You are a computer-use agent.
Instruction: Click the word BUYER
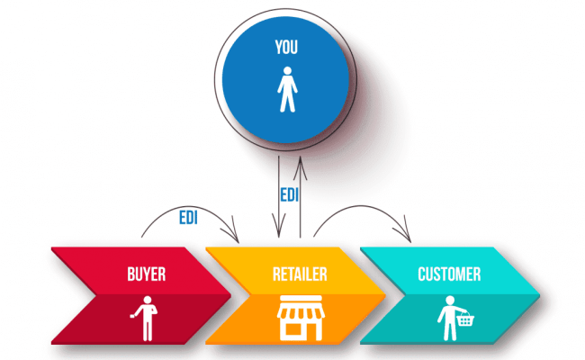click(146, 274)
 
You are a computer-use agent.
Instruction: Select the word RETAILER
click(300, 274)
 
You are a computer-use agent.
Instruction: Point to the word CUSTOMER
click(448, 274)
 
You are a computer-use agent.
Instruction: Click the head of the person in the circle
click(286, 78)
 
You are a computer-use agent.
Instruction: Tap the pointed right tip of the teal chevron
click(538, 296)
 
